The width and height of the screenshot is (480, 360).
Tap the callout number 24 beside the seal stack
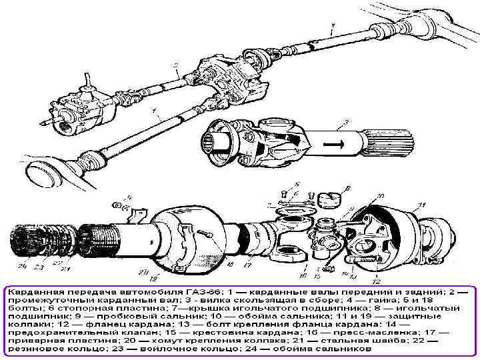click(23, 267)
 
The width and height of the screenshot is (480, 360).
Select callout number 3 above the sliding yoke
click(345, 123)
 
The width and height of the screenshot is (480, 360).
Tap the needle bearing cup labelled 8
click(328, 199)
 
